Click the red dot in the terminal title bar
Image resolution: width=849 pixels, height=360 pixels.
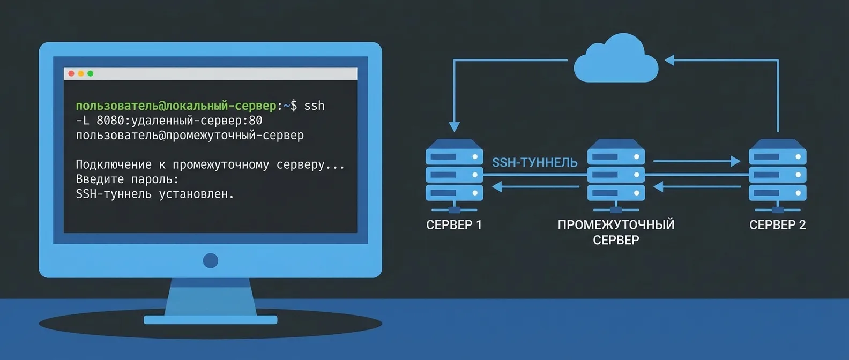71,73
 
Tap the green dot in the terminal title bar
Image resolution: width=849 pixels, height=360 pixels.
91,73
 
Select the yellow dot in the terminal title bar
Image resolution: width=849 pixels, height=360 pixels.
81,73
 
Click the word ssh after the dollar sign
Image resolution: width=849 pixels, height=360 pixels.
314,106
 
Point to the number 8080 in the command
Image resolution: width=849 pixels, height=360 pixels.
110,121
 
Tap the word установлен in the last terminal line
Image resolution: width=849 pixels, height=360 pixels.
196,194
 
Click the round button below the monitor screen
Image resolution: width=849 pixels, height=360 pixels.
211,261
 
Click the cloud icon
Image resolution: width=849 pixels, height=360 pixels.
616,60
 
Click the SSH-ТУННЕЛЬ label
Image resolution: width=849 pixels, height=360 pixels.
534,162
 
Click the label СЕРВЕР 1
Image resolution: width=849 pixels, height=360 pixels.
454,225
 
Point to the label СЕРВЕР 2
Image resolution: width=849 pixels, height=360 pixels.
777,225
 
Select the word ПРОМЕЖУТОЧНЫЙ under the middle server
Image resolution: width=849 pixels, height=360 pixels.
616,225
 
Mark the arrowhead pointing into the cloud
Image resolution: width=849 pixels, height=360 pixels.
669,60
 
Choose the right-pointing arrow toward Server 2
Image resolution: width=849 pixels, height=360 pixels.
735,161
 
